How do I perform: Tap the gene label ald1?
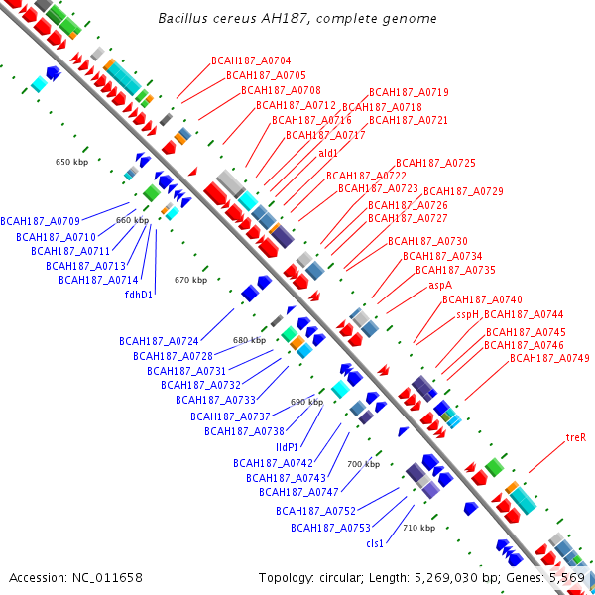328,153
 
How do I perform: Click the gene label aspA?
440,285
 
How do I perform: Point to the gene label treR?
576,436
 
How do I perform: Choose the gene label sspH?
467,314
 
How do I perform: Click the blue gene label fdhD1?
138,295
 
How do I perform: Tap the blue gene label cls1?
375,543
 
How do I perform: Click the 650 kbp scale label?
71,161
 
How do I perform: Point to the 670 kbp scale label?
190,280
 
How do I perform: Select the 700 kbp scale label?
363,464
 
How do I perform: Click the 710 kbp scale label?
418,528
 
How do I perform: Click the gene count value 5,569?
567,577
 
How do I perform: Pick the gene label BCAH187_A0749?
549,358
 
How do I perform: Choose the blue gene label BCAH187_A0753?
330,528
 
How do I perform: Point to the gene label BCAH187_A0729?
463,191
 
